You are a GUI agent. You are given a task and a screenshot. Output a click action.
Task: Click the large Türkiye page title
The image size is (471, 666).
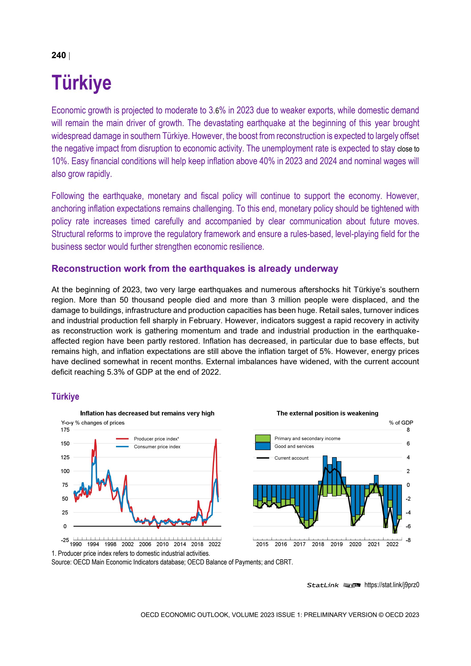pos(82,83)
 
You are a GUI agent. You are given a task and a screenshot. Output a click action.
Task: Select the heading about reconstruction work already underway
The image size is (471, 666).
pos(195,269)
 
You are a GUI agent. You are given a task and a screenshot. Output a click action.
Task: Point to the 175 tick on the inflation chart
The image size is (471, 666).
pos(65,430)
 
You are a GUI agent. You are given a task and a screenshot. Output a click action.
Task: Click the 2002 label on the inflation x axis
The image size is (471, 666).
pos(128,544)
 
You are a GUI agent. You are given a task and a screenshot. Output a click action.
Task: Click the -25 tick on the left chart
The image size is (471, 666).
pos(65,540)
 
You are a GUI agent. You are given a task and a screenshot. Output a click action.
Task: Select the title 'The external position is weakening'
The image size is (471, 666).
pos(327,413)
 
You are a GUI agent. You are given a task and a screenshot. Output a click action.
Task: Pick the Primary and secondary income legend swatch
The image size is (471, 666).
pos(263,438)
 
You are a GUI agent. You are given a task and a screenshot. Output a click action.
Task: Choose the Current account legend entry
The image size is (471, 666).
pos(291,458)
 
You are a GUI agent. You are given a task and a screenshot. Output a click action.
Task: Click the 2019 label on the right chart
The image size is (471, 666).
pos(336,544)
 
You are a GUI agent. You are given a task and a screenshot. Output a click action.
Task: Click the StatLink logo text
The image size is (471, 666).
pos(322,585)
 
